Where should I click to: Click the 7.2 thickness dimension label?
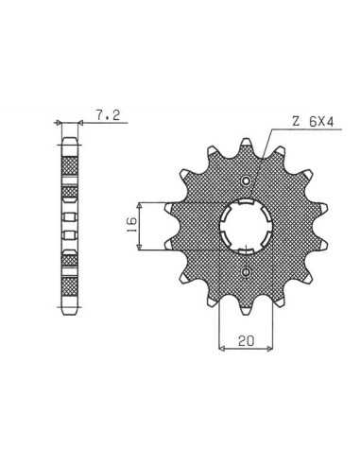point(108,115)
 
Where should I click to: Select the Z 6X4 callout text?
point(313,122)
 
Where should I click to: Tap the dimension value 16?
point(131,224)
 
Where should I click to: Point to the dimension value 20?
point(246,340)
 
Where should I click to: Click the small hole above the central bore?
point(246,181)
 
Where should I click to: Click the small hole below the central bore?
point(246,272)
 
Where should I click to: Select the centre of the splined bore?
point(246,226)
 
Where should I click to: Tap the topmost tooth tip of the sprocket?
point(247,139)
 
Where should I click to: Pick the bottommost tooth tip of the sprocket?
point(247,314)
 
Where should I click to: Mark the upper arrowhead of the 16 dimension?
point(140,205)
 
